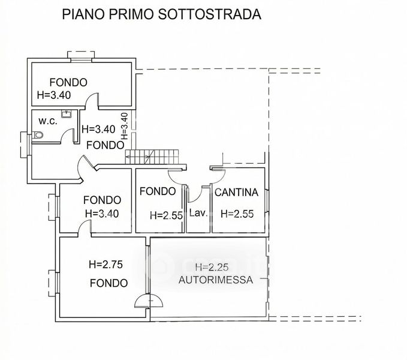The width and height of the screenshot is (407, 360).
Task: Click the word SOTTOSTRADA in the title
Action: click(x=209, y=14)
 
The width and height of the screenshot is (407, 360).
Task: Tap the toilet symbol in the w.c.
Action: click(x=38, y=135)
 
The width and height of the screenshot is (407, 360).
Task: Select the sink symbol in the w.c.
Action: click(x=67, y=114)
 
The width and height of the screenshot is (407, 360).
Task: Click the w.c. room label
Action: click(x=48, y=121)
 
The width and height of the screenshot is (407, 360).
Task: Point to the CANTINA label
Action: click(x=236, y=193)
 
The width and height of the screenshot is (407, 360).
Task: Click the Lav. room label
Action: click(x=198, y=213)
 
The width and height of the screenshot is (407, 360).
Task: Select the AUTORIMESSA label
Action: click(x=216, y=280)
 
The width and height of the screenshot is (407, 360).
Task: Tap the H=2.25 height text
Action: click(x=212, y=267)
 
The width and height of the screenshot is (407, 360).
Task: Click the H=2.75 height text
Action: click(x=105, y=265)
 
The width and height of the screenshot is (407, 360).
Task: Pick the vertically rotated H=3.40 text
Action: click(x=125, y=126)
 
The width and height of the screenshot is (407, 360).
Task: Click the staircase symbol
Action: click(x=152, y=157)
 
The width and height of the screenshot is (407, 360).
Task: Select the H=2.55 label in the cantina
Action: click(x=237, y=214)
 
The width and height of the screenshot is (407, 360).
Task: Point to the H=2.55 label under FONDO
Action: click(x=166, y=215)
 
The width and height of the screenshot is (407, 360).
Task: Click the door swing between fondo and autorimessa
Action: click(x=149, y=301)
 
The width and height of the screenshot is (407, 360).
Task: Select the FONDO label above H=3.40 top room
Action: click(x=68, y=83)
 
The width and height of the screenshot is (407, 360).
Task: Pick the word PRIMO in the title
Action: click(x=131, y=14)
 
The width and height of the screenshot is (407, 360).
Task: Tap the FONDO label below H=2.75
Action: click(x=108, y=283)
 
